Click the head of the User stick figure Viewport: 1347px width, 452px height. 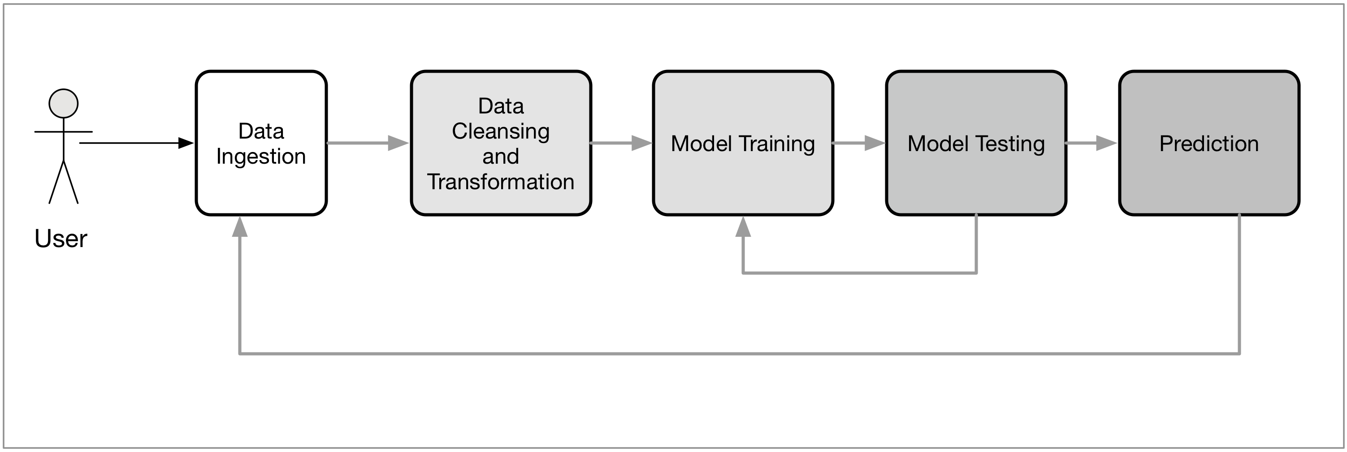point(63,104)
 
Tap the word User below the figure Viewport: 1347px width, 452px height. point(61,239)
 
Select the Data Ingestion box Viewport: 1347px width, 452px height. point(261,143)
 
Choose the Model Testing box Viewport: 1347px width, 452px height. point(976,143)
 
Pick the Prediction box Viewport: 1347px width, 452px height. point(1209,143)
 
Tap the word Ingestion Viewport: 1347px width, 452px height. point(261,157)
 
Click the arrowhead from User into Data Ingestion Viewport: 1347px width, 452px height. point(186,143)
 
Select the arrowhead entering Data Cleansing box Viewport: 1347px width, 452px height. point(398,143)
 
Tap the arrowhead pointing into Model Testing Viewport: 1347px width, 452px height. point(875,143)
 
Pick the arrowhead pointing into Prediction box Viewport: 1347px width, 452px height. point(1106,143)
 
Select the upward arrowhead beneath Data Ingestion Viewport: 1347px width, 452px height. point(239,226)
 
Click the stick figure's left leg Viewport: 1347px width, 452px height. point(56,182)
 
